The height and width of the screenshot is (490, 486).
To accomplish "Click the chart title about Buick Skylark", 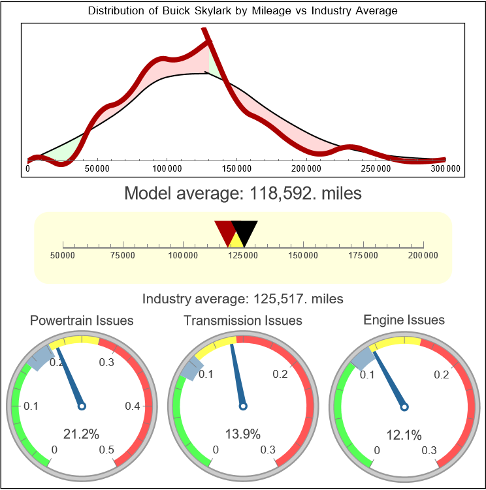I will [x=242, y=12].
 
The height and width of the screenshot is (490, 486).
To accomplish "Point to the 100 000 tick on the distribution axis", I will [x=167, y=168].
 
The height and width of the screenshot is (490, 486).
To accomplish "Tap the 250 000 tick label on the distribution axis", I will [x=376, y=168].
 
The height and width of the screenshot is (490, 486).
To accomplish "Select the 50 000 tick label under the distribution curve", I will [x=97, y=168].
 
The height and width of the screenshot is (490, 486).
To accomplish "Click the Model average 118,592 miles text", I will [x=242, y=194].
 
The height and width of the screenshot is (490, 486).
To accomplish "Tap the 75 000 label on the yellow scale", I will [x=123, y=255].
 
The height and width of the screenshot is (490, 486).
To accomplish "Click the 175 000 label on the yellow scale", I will [x=363, y=255].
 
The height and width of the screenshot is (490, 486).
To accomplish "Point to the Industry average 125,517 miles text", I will [x=243, y=299].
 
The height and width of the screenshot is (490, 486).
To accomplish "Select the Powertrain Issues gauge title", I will [x=82, y=321].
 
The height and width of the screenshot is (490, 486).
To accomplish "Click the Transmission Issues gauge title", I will [x=243, y=321].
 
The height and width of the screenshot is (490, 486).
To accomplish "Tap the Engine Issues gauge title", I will [x=404, y=320].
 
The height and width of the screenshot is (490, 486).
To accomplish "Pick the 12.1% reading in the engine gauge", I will [x=404, y=435].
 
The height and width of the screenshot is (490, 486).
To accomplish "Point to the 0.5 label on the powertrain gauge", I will [x=107, y=450].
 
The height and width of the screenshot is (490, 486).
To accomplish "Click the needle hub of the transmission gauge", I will [x=243, y=406].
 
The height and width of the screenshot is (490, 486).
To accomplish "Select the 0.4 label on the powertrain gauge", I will [x=133, y=406].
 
